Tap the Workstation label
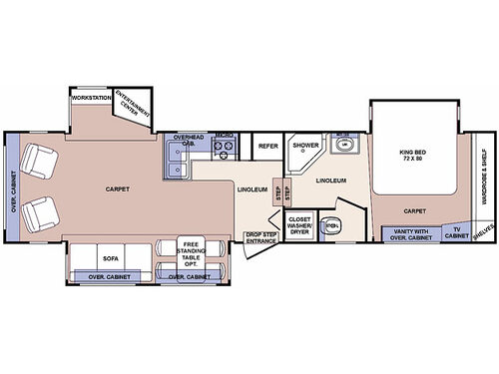click(x=90, y=97)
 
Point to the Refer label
click(x=267, y=147)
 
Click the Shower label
click(x=303, y=146)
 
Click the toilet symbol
click(x=333, y=226)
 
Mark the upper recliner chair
click(x=39, y=159)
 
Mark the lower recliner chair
click(x=39, y=211)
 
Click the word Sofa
click(x=111, y=257)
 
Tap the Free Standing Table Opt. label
click(x=190, y=251)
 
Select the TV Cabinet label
click(x=456, y=233)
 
